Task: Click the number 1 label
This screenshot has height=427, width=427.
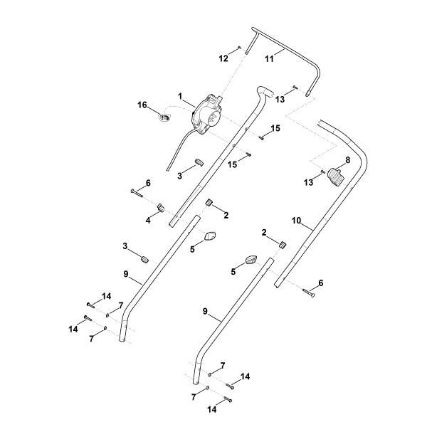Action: pyautogui.click(x=180, y=96)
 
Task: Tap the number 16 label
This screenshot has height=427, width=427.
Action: pyautogui.click(x=142, y=105)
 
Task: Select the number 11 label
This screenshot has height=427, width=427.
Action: pyautogui.click(x=269, y=58)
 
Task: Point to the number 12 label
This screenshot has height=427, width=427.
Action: pyautogui.click(x=223, y=58)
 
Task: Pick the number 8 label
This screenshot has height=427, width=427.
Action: pyautogui.click(x=348, y=160)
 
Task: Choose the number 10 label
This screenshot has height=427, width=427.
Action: pyautogui.click(x=296, y=221)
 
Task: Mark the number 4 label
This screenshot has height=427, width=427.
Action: pyautogui.click(x=148, y=221)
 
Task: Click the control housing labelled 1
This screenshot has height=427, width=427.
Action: pyautogui.click(x=206, y=115)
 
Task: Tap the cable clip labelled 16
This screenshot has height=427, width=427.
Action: pyautogui.click(x=165, y=117)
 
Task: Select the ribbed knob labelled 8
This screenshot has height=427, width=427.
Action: pyautogui.click(x=335, y=177)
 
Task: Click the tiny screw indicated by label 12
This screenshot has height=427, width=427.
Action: pyautogui.click(x=240, y=48)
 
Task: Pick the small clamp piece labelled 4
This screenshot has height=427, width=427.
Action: pyautogui.click(x=161, y=208)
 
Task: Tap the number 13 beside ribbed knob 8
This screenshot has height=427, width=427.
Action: pyautogui.click(x=308, y=182)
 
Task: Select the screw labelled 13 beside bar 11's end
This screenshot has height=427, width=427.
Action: pyautogui.click(x=295, y=87)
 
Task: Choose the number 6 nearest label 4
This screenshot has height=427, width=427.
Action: pyautogui.click(x=148, y=183)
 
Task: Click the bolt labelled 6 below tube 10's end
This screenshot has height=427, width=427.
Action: pyautogui.click(x=309, y=292)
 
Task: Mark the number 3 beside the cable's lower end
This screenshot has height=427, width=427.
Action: pyautogui.click(x=180, y=176)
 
